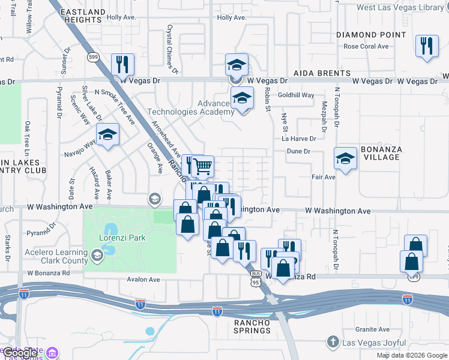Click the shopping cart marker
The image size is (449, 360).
pyautogui.click(x=202, y=165)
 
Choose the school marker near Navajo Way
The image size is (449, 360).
pyautogui.click(x=108, y=134)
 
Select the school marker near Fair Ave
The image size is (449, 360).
pyautogui.click(x=345, y=158)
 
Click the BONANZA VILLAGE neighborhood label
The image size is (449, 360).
pyautogui.click(x=382, y=153)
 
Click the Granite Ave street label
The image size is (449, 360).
pyautogui.click(x=372, y=329)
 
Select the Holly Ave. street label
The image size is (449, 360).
pyautogui.click(x=232, y=17)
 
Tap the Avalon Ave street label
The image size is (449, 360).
pyautogui.click(x=143, y=280)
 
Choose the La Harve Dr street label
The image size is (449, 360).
pyautogui.click(x=299, y=139)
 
